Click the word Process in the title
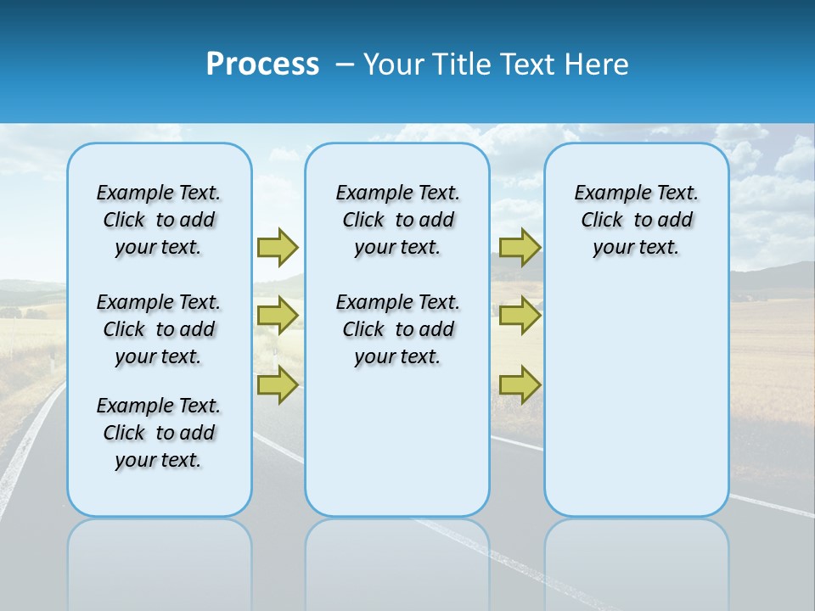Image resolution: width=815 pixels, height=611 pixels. pyautogui.click(x=262, y=64)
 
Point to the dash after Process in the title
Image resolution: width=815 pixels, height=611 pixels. pyautogui.click(x=345, y=65)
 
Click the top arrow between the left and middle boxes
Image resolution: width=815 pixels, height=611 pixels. pyautogui.click(x=278, y=247)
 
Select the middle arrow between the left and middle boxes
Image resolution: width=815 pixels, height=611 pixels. pyautogui.click(x=278, y=316)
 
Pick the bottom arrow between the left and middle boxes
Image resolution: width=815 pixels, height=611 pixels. pyautogui.click(x=278, y=384)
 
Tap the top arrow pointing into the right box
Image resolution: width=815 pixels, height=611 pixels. pyautogui.click(x=520, y=247)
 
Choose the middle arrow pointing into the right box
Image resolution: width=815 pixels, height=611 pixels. pyautogui.click(x=520, y=316)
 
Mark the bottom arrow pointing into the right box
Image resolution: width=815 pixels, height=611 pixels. pyautogui.click(x=520, y=384)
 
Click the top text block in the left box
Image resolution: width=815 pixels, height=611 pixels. pyautogui.click(x=159, y=220)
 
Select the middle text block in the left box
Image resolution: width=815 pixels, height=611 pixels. pyautogui.click(x=159, y=329)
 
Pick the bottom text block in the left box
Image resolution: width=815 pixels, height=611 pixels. pyautogui.click(x=159, y=433)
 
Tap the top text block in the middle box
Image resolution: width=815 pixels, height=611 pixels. pyautogui.click(x=397, y=220)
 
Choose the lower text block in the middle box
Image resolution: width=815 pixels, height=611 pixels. pyautogui.click(x=397, y=329)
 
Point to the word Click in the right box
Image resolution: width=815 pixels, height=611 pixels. pyautogui.click(x=602, y=221)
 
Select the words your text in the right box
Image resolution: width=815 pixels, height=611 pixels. pyautogui.click(x=636, y=248)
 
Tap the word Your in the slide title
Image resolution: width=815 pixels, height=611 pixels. pyautogui.click(x=395, y=64)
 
